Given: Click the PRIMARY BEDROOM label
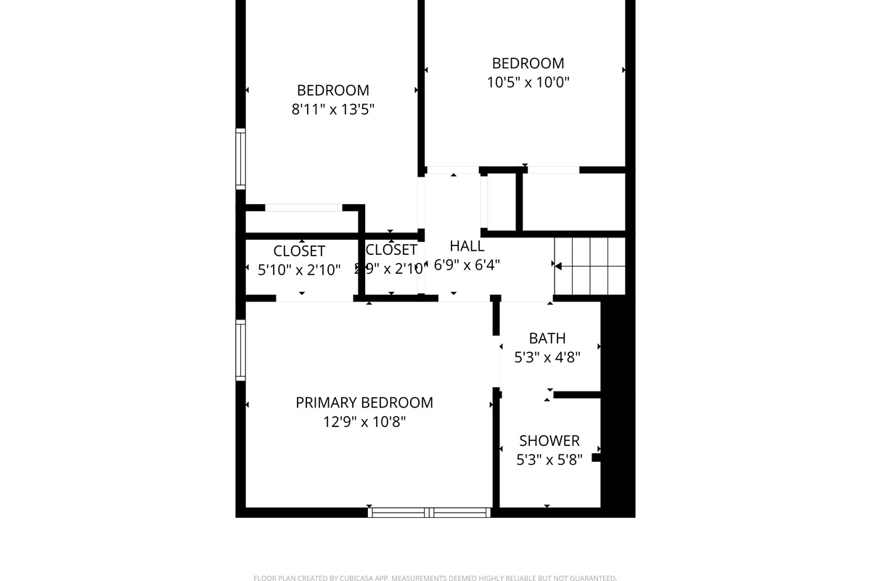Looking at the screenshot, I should [364, 402].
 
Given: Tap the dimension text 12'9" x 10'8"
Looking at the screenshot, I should [364, 422].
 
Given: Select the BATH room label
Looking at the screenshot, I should [547, 338].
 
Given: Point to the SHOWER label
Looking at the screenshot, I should [549, 440].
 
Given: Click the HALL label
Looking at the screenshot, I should [467, 245].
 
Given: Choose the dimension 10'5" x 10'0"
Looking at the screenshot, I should [528, 82].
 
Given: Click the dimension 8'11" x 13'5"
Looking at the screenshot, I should [333, 110].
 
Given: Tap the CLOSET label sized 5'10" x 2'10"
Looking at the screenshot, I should [299, 251].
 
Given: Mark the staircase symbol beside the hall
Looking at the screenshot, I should [590, 266].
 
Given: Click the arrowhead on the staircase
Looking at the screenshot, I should [558, 267].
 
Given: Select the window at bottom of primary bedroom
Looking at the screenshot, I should [430, 512].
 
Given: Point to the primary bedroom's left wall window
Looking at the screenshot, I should [241, 351].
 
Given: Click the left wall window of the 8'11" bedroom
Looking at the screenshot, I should [241, 159].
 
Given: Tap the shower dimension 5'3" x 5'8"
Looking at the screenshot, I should [549, 460].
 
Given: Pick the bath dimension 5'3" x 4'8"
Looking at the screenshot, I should [547, 357].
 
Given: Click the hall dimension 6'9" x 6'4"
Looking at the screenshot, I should [467, 265].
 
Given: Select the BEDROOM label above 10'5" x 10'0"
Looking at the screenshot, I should [528, 63].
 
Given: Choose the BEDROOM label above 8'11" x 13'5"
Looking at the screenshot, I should [333, 90].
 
